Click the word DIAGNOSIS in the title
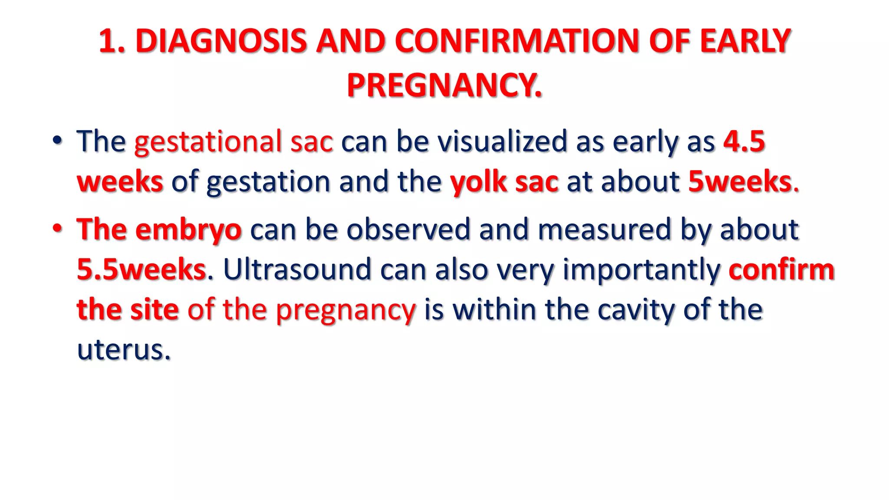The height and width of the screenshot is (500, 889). (221, 41)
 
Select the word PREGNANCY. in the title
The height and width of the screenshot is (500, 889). (444, 85)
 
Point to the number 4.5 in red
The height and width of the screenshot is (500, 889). (744, 141)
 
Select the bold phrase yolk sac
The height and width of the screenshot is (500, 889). (504, 181)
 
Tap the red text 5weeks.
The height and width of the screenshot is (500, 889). (741, 181)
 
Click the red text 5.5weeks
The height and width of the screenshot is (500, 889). (141, 270)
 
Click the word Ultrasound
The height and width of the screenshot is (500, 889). (297, 270)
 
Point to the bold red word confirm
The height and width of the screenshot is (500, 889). (781, 270)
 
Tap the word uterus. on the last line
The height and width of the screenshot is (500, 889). (124, 350)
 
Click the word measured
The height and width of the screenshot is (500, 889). (604, 230)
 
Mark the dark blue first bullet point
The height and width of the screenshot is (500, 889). (57, 141)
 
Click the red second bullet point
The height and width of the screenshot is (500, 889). (57, 228)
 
